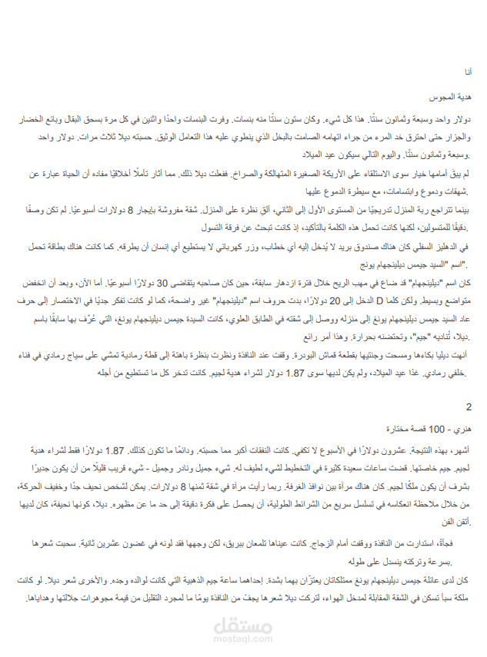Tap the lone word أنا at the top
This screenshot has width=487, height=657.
(469, 71)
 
